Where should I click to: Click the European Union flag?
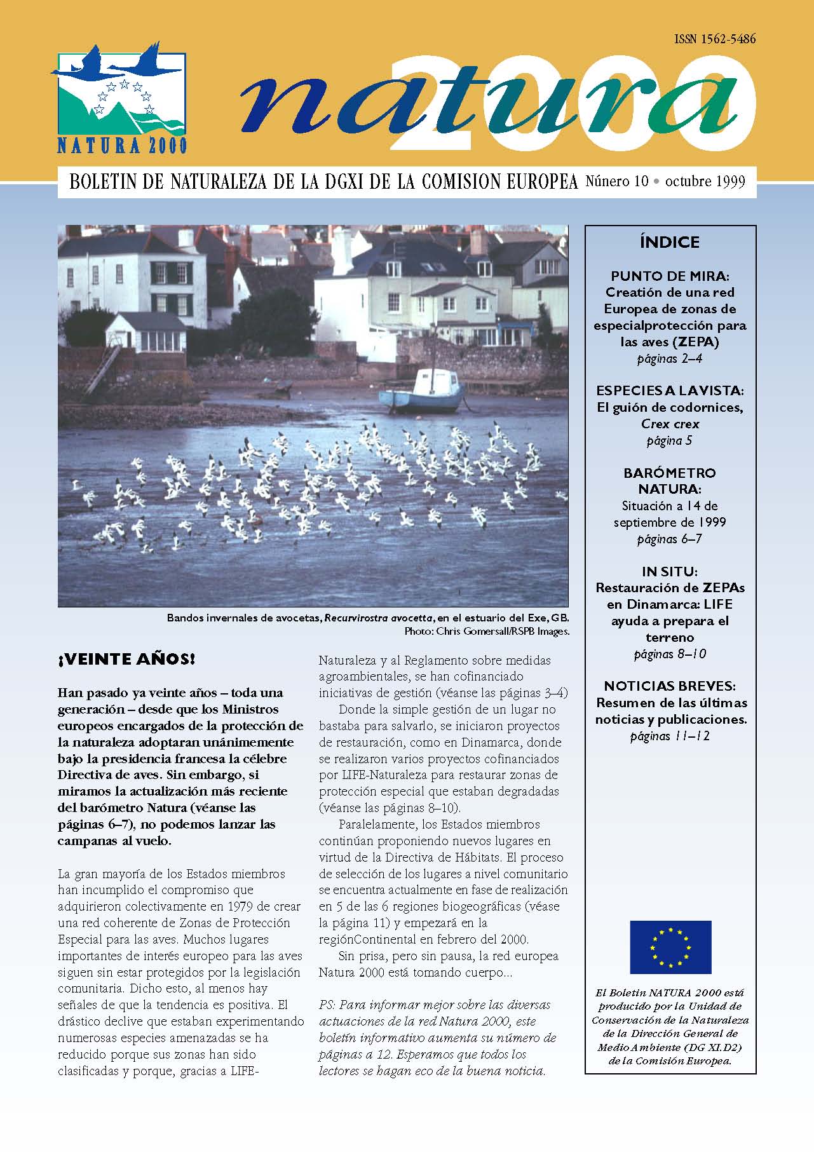click(670, 947)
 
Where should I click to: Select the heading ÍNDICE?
click(670, 242)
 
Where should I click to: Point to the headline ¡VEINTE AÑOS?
click(126, 659)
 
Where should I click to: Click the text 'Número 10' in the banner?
click(616, 182)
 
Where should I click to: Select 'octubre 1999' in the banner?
click(705, 182)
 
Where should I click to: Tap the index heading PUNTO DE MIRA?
click(670, 276)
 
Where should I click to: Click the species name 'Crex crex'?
click(670, 424)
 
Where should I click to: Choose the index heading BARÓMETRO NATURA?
click(670, 481)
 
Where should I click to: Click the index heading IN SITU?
click(670, 571)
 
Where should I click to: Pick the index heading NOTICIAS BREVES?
click(670, 686)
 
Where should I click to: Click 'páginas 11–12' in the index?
click(670, 736)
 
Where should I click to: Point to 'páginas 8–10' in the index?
click(670, 654)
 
